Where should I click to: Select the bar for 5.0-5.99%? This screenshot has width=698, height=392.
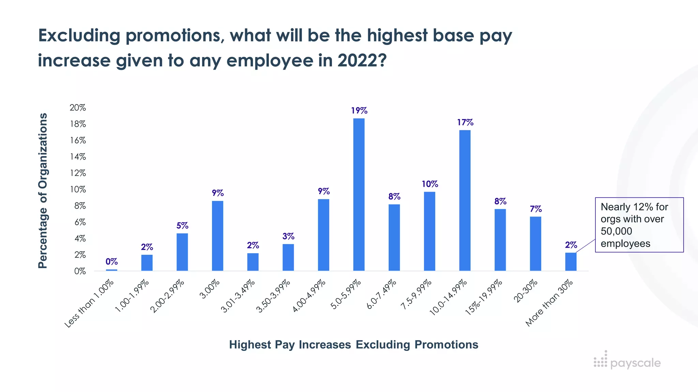[359, 194]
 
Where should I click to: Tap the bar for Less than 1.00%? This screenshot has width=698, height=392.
[111, 270]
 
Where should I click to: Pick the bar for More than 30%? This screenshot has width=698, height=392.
[571, 261]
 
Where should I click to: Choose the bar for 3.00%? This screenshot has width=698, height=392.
[217, 235]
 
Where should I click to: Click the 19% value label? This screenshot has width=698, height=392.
[359, 111]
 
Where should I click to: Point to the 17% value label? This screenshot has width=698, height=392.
[465, 122]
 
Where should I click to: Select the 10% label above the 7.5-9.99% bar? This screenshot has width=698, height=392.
[430, 184]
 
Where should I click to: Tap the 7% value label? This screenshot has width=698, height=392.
[536, 209]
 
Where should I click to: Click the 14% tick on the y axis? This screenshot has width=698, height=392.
[78, 157]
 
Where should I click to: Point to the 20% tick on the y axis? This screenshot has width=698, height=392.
[78, 108]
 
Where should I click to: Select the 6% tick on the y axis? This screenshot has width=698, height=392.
[80, 222]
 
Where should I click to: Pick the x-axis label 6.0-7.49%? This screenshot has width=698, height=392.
[381, 294]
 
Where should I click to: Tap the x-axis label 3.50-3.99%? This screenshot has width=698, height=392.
[273, 296]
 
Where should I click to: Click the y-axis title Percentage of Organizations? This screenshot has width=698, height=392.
[43, 191]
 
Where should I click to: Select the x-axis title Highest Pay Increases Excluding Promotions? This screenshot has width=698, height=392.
[353, 345]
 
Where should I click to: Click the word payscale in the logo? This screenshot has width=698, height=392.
[635, 363]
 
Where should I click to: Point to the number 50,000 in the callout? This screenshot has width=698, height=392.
[616, 231]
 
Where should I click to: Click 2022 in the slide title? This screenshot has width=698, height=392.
[362, 61]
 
